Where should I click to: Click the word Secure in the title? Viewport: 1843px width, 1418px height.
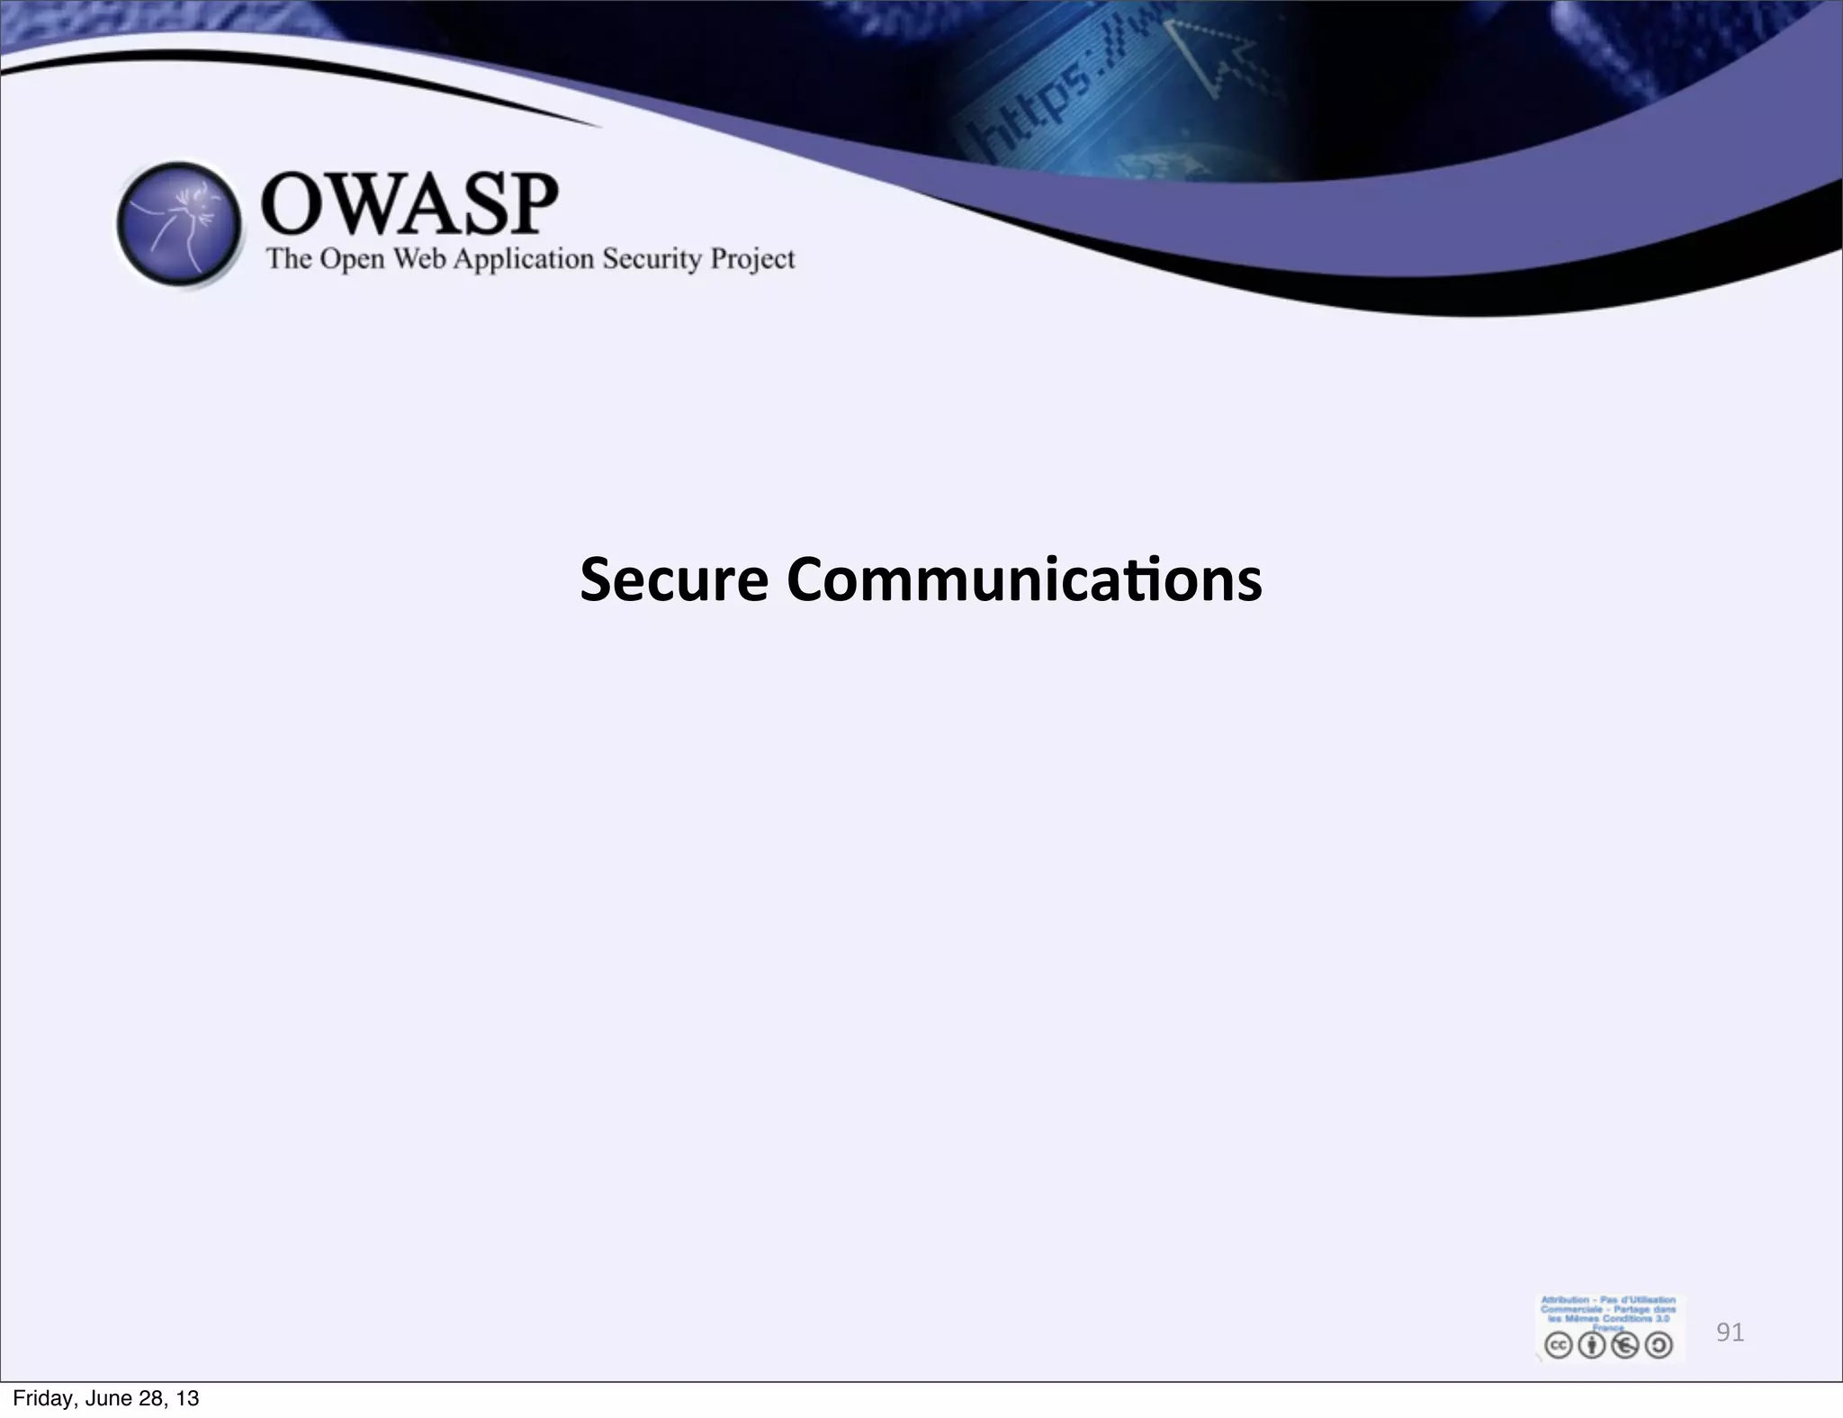[x=673, y=579]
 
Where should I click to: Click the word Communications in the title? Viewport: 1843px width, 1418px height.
[x=1023, y=579]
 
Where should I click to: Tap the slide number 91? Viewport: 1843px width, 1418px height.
[x=1730, y=1332]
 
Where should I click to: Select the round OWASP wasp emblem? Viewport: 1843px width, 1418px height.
[x=180, y=225]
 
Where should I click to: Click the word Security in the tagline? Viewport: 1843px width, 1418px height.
[x=652, y=259]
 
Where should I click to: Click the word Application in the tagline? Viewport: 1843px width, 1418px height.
[x=523, y=260]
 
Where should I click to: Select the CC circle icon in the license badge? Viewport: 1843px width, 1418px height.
[x=1558, y=1345]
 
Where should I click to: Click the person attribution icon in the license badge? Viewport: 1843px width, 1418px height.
[x=1592, y=1345]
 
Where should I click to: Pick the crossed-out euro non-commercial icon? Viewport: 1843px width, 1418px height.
[x=1625, y=1345]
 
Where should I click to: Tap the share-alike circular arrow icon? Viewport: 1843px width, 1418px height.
[x=1659, y=1345]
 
